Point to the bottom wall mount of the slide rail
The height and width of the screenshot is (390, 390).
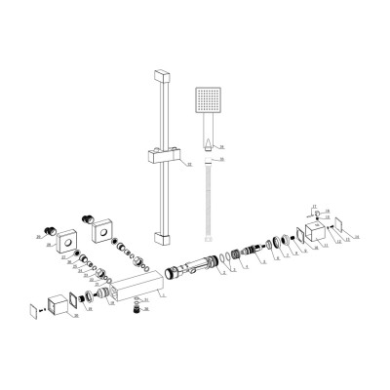pos(161,237)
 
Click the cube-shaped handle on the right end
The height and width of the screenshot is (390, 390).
pos(314,234)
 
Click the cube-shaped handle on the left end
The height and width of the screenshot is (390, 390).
pos(61,301)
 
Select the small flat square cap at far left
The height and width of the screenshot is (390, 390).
pos(35,312)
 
